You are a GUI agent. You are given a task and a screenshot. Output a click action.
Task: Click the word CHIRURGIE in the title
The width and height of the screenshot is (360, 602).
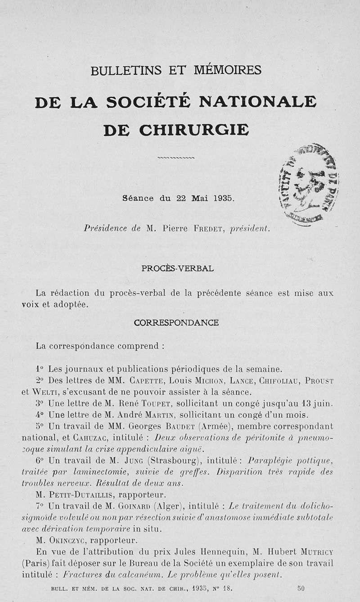click(193, 130)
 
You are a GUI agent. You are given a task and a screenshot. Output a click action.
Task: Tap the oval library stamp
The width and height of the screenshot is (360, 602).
click(309, 185)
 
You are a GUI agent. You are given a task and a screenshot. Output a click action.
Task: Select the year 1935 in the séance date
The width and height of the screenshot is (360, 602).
click(224, 198)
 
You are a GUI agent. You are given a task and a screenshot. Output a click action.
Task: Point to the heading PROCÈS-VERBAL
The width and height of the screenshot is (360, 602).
click(177, 268)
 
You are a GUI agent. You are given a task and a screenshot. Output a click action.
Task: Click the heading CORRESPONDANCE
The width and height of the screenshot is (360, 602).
click(176, 323)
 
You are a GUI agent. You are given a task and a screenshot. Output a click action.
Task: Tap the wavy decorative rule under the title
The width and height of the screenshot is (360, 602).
click(176, 158)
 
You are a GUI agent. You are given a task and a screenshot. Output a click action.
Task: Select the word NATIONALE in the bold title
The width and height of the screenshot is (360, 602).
click(258, 102)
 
